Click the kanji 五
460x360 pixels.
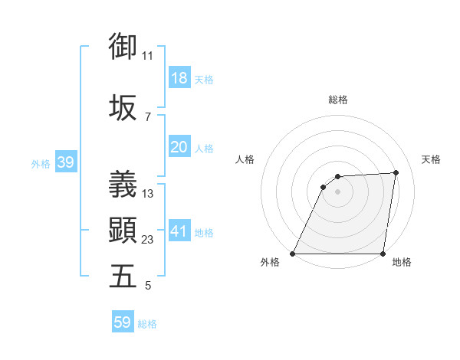coord(123,277)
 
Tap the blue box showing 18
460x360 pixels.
coord(179,79)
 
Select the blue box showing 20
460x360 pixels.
coord(179,147)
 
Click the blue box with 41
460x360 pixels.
coord(179,231)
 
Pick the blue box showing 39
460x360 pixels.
coord(65,162)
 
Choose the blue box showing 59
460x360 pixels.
coord(123,322)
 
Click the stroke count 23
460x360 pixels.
coord(148,240)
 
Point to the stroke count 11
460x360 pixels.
coord(148,56)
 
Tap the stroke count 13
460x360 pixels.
coord(148,194)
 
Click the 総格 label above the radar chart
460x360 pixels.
coord(338,100)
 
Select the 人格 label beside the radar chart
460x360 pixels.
coord(245,159)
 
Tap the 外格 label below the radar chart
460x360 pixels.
coord(270,263)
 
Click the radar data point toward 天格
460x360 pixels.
coord(396,172)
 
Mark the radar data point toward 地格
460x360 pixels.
coord(383,254)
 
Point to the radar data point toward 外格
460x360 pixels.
coord(293,254)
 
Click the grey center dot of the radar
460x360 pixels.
coord(337,191)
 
